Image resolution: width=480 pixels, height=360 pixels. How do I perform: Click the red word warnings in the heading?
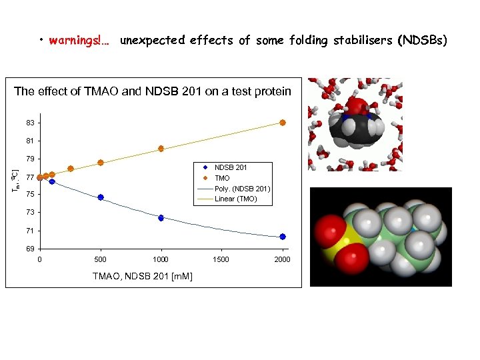click(x=75, y=41)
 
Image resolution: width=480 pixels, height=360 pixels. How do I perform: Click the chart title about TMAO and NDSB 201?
click(x=153, y=91)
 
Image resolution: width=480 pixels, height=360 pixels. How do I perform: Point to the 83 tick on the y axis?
click(x=31, y=123)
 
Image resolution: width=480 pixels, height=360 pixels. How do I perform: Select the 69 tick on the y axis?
click(x=31, y=249)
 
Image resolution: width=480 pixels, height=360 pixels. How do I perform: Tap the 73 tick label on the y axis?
click(x=31, y=213)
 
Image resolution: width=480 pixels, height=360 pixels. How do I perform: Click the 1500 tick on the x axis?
click(x=221, y=259)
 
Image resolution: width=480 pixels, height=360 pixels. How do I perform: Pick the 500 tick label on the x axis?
click(x=100, y=259)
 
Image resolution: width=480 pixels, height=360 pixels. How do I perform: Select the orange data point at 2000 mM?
click(x=283, y=123)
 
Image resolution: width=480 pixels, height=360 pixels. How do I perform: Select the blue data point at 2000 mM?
click(x=283, y=237)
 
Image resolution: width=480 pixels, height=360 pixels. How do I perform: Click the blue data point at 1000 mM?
click(x=161, y=218)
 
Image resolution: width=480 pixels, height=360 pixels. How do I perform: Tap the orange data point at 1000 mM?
click(x=161, y=149)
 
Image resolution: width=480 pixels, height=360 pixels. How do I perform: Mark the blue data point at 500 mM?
click(x=101, y=197)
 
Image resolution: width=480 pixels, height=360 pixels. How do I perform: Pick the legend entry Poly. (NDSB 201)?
click(x=241, y=189)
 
